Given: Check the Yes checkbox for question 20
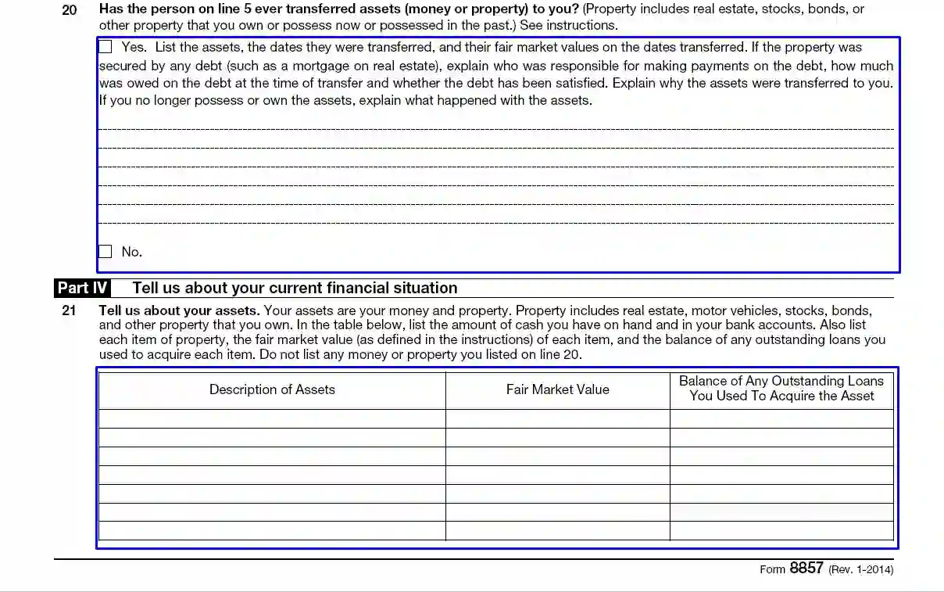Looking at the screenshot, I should point(105,47).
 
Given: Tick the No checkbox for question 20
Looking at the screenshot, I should point(105,252).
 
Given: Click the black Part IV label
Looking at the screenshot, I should point(82,288).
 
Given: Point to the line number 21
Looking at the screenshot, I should point(70,310).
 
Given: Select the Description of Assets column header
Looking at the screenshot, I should point(272,389).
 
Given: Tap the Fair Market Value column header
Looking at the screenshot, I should point(557,389).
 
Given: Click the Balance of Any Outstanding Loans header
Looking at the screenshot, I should point(781,389).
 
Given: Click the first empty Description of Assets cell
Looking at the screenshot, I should point(272,419).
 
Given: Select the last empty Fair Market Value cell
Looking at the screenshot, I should point(557,532).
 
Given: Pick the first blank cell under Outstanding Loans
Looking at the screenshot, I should point(781,419).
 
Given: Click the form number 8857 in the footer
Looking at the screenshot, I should point(806,569).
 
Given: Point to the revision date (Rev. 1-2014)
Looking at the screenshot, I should point(860,569).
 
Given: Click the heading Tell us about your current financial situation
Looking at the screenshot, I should point(295,288).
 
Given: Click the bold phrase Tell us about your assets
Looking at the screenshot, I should point(179,310).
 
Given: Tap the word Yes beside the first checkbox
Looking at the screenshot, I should point(133,48).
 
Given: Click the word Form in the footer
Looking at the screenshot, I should point(772,569).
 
